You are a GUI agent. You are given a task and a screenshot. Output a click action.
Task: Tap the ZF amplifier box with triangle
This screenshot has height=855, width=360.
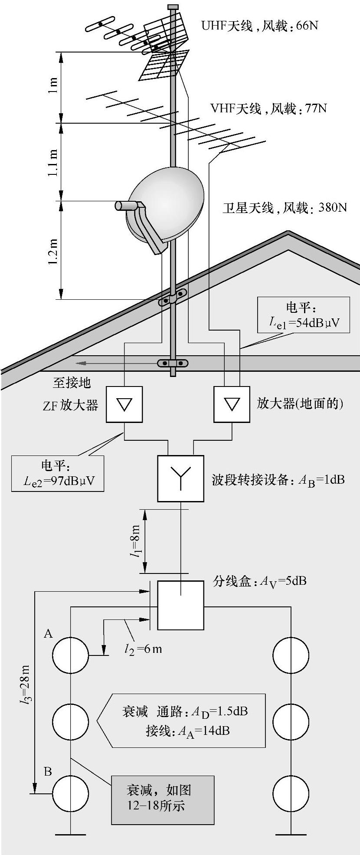[x=124, y=404]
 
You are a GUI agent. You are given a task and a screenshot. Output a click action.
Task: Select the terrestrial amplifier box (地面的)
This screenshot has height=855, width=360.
[x=232, y=404]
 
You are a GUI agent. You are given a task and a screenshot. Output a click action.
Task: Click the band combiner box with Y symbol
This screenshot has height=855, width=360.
[x=180, y=478]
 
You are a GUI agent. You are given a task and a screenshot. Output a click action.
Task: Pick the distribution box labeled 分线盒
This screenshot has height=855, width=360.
[x=180, y=605]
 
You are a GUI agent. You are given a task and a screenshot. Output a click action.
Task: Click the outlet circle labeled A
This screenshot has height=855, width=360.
[x=71, y=655]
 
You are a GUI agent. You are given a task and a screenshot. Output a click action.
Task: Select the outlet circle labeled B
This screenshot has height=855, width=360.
[x=71, y=793]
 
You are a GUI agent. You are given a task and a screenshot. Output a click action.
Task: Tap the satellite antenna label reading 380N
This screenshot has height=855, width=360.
[x=285, y=208]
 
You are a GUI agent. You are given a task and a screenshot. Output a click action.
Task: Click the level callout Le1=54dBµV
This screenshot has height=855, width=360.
[x=304, y=315]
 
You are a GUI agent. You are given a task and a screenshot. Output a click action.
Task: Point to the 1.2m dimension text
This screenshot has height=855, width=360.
[x=53, y=250]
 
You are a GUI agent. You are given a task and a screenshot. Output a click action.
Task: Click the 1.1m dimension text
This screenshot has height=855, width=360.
[x=53, y=162]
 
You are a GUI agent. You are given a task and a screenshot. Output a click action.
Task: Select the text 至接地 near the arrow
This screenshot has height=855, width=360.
[x=72, y=382]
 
